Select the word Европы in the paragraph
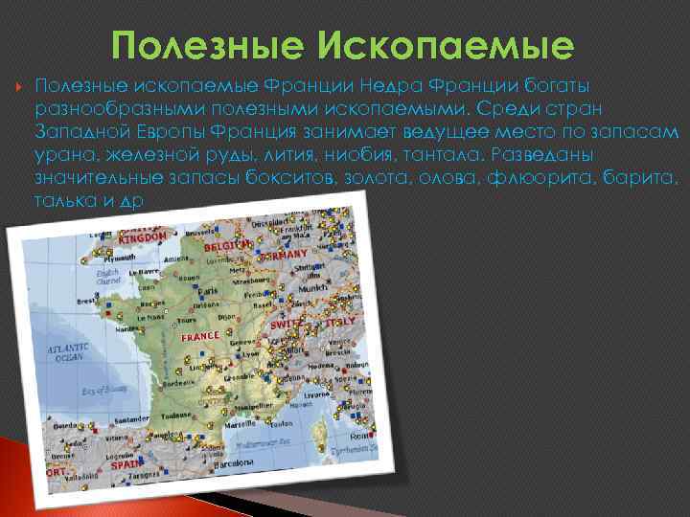[175, 131]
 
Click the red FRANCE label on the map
[200, 337]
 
